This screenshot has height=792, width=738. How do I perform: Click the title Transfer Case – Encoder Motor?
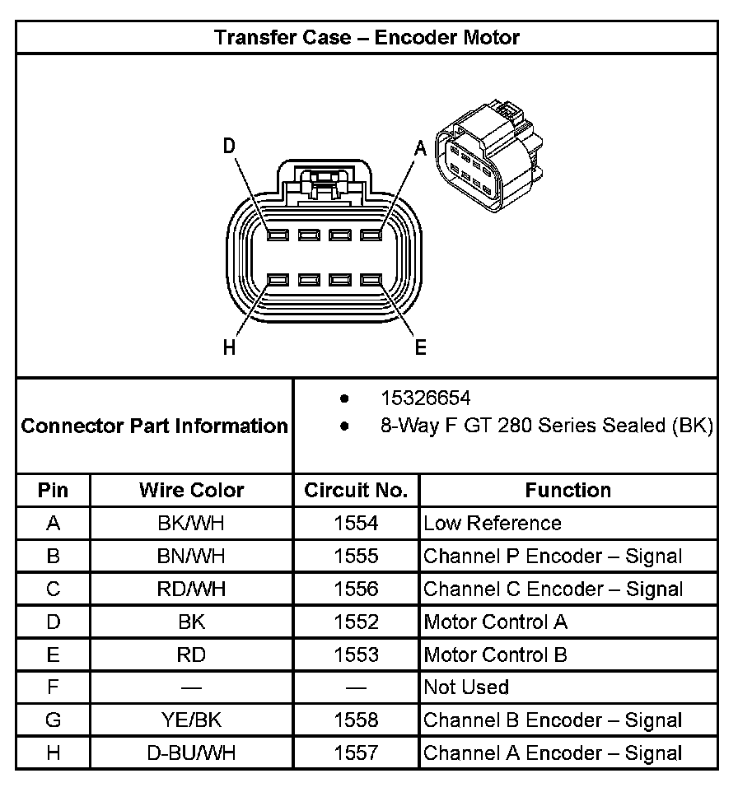[367, 38]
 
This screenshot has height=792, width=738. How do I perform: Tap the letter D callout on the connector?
[229, 146]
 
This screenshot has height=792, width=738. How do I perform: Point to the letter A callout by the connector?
[419, 148]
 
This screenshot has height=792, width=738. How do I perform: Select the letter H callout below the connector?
[229, 347]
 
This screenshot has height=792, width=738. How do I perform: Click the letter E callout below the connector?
[420, 347]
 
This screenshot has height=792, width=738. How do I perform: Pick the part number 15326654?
[425, 398]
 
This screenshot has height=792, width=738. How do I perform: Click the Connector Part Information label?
[155, 426]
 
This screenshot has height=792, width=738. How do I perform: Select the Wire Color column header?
[191, 491]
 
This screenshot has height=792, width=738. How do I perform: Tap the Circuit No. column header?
[356, 491]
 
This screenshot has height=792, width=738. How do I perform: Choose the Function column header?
[568, 491]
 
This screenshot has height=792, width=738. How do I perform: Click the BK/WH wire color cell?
[191, 524]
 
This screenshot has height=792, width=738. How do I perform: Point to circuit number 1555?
[356, 557]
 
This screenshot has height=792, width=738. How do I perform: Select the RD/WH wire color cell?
[191, 589]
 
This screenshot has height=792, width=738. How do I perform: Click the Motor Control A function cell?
[495, 622]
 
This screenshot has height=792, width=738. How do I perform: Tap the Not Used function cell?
[466, 687]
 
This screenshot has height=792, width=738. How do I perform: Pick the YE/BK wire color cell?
[191, 720]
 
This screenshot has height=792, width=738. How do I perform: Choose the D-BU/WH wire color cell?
[191, 752]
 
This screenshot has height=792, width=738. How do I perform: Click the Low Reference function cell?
[492, 524]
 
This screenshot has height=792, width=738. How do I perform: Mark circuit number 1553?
[356, 655]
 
